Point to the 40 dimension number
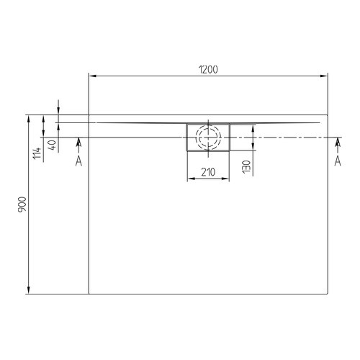(51, 143)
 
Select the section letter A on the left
(78, 161)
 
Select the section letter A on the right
(337, 161)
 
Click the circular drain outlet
(208, 137)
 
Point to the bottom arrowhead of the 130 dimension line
(253, 148)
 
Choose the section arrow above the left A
(78, 142)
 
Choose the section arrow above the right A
(337, 142)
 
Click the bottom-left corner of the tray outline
(89, 294)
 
